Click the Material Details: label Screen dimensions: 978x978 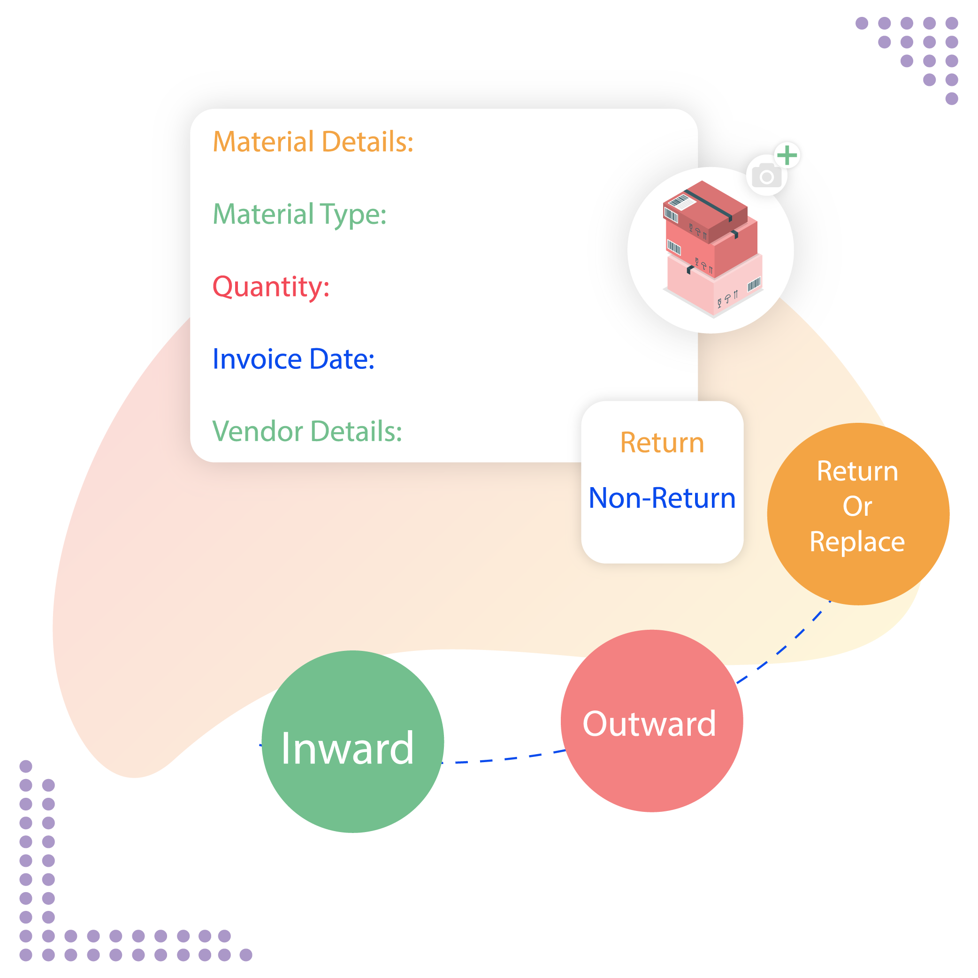pyautogui.click(x=313, y=142)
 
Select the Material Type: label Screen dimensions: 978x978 pyautogui.click(x=299, y=214)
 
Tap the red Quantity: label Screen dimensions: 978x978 pyautogui.click(x=271, y=287)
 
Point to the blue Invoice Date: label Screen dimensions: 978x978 pyautogui.click(x=293, y=359)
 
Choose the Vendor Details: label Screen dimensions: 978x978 pyautogui.click(x=307, y=432)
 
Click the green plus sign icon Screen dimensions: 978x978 pyautogui.click(x=787, y=155)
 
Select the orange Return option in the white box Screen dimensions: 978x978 pyautogui.click(x=662, y=443)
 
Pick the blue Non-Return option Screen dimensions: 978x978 pyautogui.click(x=662, y=498)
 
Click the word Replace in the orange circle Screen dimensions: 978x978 pyautogui.click(x=857, y=542)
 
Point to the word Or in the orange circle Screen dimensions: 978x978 pyautogui.click(x=857, y=507)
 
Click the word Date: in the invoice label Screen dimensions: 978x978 pyautogui.click(x=342, y=359)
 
